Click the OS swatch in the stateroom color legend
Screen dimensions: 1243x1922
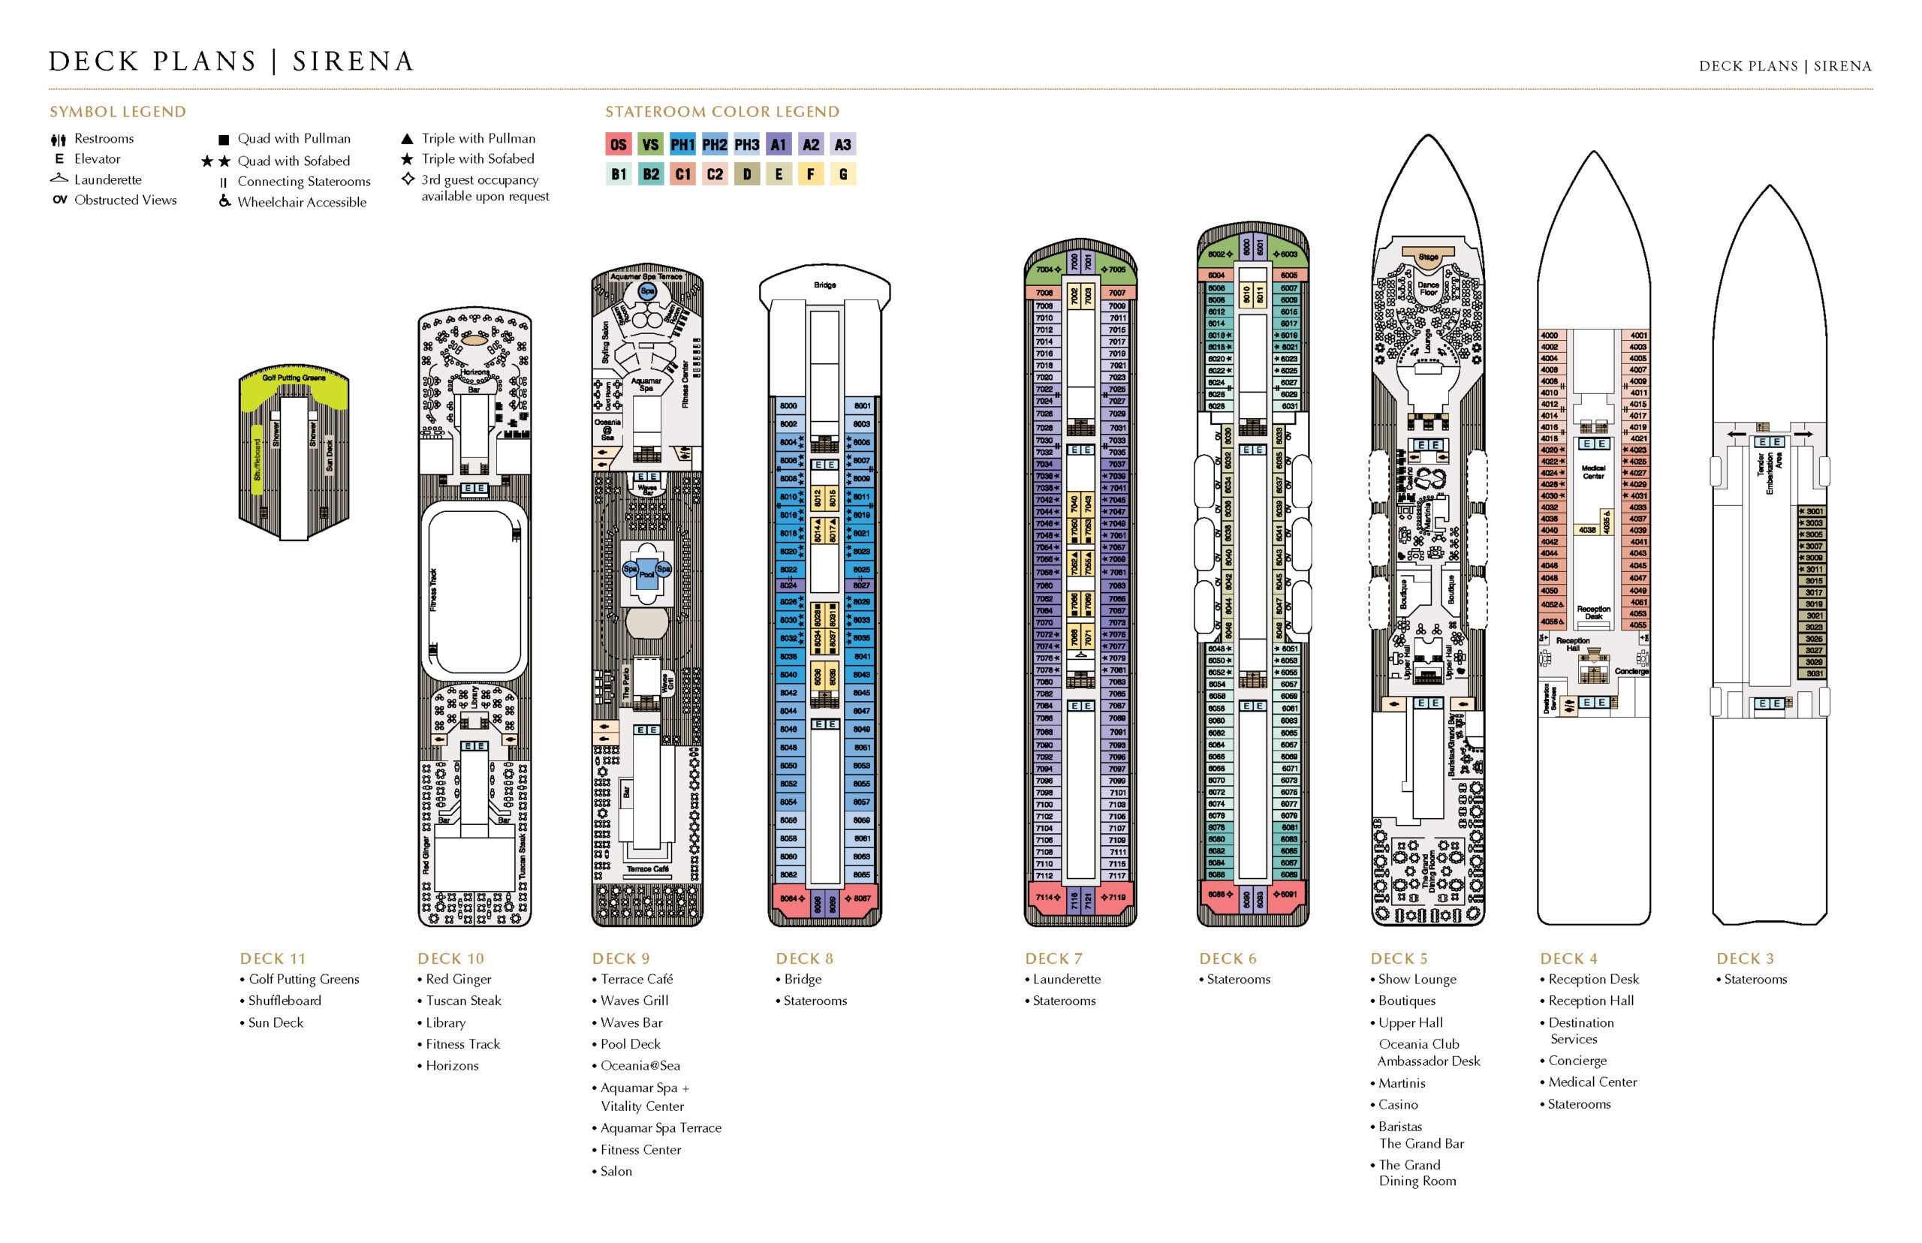click(618, 144)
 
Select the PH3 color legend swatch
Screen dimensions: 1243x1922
click(746, 144)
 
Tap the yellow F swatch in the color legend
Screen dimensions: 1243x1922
click(810, 174)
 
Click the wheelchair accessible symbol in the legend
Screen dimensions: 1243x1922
click(224, 202)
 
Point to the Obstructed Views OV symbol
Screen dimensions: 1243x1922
click(60, 200)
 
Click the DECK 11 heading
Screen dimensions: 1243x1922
click(273, 959)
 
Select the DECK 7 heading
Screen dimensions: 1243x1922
click(1053, 959)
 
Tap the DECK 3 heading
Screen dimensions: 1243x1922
click(1744, 959)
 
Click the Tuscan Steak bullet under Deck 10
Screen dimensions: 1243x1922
click(463, 1001)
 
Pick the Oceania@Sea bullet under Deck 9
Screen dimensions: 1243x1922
click(640, 1065)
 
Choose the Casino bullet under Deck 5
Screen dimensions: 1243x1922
click(1397, 1104)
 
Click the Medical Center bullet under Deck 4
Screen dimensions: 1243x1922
click(1592, 1082)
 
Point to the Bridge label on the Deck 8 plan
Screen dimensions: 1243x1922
click(824, 285)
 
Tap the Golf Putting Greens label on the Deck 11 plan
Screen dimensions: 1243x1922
click(294, 378)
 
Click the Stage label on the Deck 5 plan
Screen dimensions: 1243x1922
click(1428, 257)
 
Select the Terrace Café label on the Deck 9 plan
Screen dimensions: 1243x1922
click(647, 869)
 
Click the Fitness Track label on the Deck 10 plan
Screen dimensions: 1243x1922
click(433, 589)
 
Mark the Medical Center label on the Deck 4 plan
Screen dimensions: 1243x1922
click(1592, 472)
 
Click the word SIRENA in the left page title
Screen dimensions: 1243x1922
click(353, 62)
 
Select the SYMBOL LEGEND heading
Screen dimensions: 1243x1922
click(118, 112)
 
